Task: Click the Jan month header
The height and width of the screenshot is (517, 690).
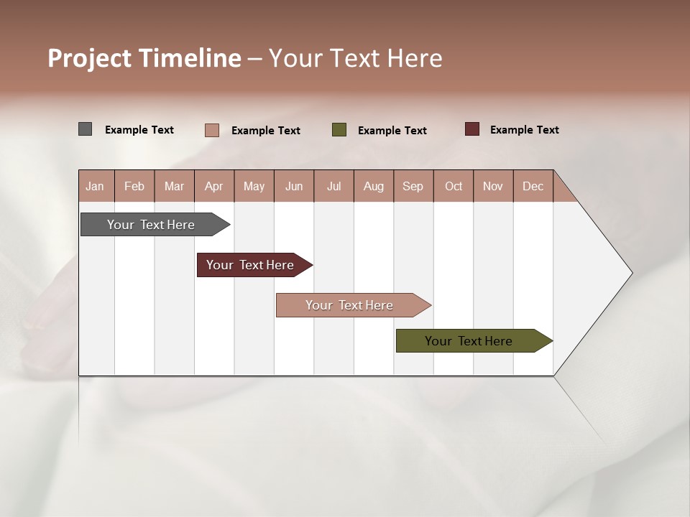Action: [x=96, y=186]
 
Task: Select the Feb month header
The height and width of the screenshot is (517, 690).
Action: [x=134, y=186]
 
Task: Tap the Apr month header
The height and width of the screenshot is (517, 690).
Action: [x=214, y=186]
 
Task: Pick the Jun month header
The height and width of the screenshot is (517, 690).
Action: [x=294, y=186]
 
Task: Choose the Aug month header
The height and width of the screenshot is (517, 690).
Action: [x=374, y=186]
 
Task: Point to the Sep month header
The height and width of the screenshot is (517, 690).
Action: [x=413, y=186]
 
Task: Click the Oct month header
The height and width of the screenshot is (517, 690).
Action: [x=454, y=186]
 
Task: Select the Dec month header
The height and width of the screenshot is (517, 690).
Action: [x=533, y=186]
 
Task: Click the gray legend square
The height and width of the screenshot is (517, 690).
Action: [x=86, y=129]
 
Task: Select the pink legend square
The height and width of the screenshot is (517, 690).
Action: [x=212, y=130]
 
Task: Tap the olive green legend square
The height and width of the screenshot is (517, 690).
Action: [x=339, y=130]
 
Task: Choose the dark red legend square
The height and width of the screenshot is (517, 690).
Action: [x=472, y=129]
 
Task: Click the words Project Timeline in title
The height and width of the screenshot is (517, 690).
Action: [x=144, y=58]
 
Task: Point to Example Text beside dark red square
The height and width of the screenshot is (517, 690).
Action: [x=524, y=130]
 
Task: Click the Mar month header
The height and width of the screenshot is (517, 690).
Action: [x=175, y=186]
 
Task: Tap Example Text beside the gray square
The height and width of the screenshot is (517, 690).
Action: [x=139, y=130]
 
